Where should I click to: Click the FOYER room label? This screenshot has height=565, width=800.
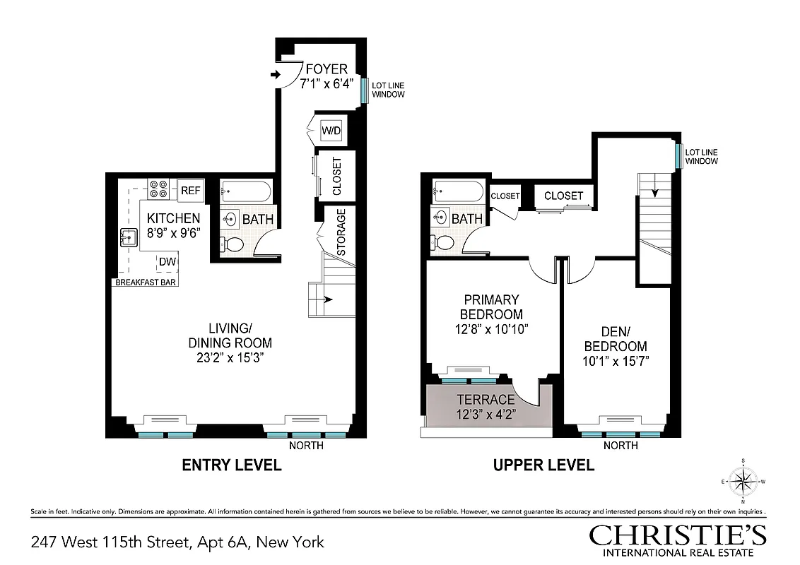click(326, 69)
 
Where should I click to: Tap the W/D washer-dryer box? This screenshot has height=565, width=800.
click(330, 131)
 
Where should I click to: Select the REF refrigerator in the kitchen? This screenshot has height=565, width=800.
click(191, 190)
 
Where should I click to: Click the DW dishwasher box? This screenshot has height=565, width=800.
click(167, 262)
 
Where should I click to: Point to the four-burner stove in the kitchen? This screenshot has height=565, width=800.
click(158, 189)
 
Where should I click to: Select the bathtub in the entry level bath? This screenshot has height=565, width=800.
click(245, 191)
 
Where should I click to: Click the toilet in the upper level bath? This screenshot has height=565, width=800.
click(442, 244)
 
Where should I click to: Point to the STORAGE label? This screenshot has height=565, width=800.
click(341, 232)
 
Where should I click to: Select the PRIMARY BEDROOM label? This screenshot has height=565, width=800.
click(491, 307)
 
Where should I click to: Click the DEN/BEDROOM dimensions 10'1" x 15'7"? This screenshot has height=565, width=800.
click(614, 361)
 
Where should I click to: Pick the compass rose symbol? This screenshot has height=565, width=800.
click(743, 481)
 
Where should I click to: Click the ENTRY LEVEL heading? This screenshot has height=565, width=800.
click(232, 465)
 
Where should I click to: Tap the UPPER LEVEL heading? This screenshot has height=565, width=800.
click(543, 465)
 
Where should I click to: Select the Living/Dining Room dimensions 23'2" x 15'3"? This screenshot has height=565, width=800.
click(230, 357)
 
